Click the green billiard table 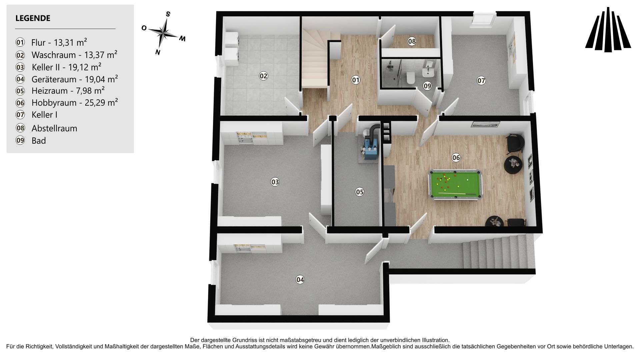tap(455, 185)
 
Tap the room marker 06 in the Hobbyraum tap(456, 158)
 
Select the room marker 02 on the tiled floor tap(263, 76)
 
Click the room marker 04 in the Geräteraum tap(300, 280)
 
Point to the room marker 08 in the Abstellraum tap(412, 41)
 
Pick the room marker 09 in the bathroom tap(427, 86)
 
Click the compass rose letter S tap(168, 14)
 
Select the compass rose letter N tap(158, 52)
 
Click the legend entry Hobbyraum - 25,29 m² tap(75, 103)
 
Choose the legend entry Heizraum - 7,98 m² tap(68, 91)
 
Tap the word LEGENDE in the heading tap(33, 18)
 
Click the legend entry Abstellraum tap(54, 128)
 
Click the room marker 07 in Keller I tap(481, 80)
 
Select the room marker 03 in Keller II tap(275, 182)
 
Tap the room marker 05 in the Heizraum tap(360, 192)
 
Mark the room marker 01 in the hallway tap(356, 80)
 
